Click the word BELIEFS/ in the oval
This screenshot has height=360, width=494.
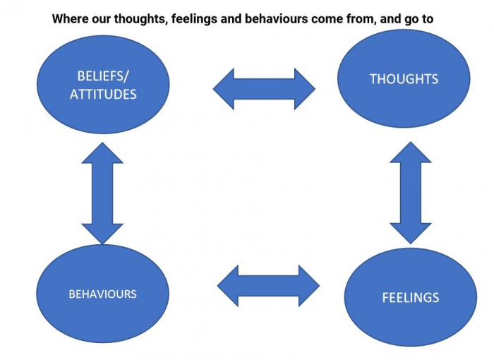[x=103, y=76]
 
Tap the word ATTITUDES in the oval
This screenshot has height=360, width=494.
[x=103, y=95]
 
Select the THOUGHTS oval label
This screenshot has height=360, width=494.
[x=404, y=79]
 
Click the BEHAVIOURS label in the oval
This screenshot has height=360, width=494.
[x=103, y=294]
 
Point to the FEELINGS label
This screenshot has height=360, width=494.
[x=411, y=298]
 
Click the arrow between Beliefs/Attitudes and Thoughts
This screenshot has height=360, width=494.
[x=264, y=89]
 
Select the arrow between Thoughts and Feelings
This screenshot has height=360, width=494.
[x=411, y=193]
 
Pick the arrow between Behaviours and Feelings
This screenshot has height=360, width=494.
[x=268, y=286]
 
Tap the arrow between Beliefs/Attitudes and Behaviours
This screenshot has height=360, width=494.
[x=102, y=193]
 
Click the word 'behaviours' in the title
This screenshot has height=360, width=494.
[x=277, y=19]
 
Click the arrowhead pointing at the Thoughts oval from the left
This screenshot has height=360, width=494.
[x=305, y=89]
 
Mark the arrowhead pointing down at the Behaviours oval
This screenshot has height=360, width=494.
[x=102, y=234]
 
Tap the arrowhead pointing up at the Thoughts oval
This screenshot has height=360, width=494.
[x=411, y=152]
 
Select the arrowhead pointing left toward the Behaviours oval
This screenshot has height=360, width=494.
[x=228, y=286]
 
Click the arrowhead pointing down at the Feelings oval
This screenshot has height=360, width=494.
[x=411, y=234]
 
